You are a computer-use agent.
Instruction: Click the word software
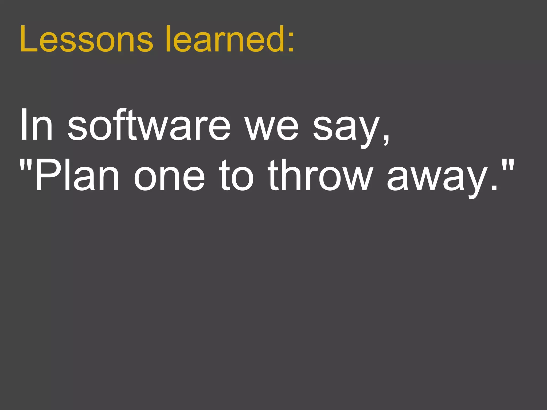pos(149,125)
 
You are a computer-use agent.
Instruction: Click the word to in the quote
pos(236,176)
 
